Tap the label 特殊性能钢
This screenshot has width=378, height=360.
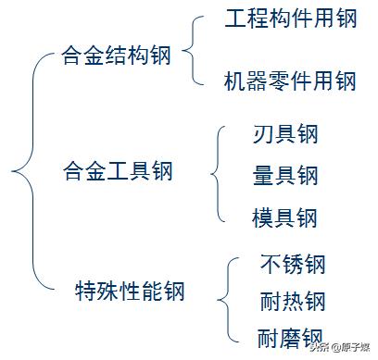click(130, 292)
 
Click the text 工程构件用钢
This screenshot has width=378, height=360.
click(290, 20)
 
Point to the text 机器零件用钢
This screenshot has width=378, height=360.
click(290, 81)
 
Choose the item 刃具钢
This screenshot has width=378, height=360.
click(284, 135)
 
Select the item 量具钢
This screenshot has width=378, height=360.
click(284, 176)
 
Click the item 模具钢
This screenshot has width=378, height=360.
click(284, 217)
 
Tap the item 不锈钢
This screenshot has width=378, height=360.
click(293, 265)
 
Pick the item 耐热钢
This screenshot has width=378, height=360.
click(293, 302)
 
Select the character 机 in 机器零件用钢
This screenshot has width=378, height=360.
click(235, 81)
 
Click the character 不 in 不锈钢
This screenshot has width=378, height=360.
click(271, 265)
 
